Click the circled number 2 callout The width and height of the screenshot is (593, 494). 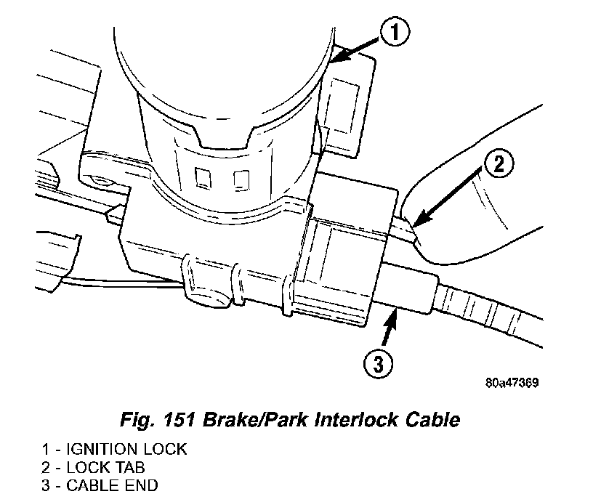coord(498,165)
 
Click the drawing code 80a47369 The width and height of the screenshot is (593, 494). coord(513,384)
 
